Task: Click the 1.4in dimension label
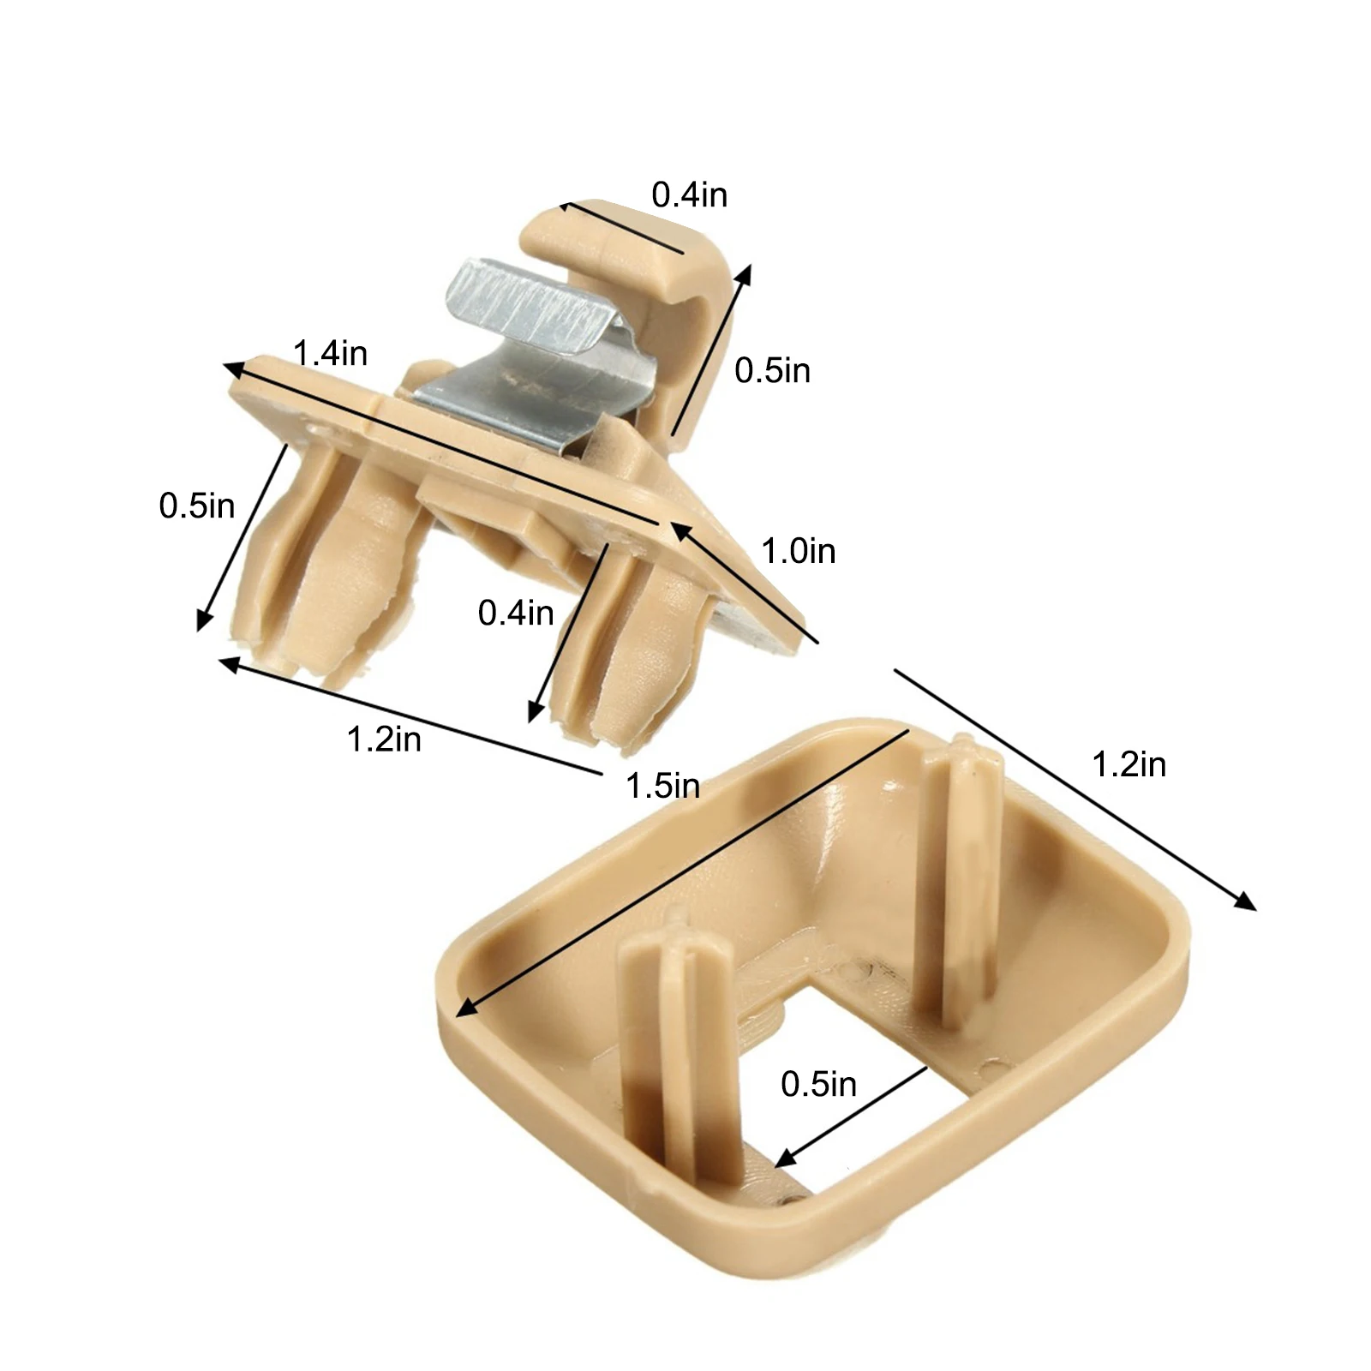330,352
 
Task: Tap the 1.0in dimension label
798,550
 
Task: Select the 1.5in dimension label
662,785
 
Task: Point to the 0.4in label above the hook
689,195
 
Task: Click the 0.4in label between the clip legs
516,612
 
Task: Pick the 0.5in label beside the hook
772,370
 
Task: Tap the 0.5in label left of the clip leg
196,506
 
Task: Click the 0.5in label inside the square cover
818,1084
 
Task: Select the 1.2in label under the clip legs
384,739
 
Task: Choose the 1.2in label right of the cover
1129,764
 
